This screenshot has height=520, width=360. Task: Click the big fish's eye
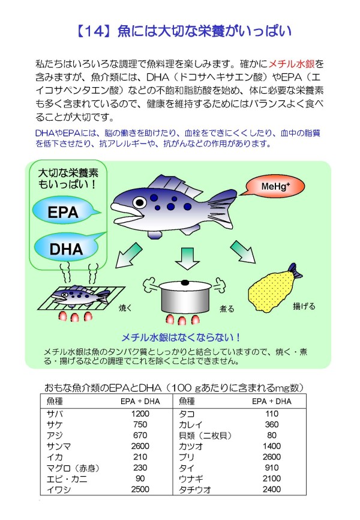(x=140, y=202)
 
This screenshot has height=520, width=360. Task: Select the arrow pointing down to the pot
(x=187, y=258)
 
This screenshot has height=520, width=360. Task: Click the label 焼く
(x=125, y=308)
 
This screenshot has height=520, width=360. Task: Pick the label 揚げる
(x=304, y=306)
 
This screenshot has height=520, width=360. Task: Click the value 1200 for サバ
(x=140, y=414)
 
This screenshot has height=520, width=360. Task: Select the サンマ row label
(x=59, y=446)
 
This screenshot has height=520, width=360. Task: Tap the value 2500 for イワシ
(x=140, y=489)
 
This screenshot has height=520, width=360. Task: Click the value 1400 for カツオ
(x=271, y=446)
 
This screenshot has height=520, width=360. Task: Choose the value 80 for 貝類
(x=271, y=435)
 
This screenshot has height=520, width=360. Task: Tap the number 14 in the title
(x=95, y=31)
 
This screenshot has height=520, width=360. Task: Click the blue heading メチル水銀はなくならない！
(x=181, y=337)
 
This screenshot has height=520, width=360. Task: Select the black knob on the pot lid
(x=185, y=283)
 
